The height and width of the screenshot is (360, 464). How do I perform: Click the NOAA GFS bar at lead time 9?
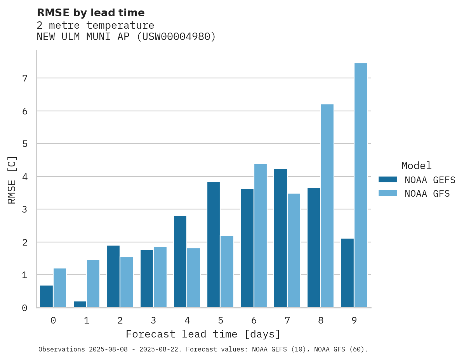361,185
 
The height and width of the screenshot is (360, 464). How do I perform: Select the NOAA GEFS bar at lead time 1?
80,304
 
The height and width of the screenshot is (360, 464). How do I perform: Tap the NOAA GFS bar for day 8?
327,206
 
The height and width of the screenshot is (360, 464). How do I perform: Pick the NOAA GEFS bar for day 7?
280,238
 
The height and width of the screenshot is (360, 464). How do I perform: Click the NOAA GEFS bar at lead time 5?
214,245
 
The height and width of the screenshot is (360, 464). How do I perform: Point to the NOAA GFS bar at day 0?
60,288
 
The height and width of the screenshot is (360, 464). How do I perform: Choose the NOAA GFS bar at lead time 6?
261,236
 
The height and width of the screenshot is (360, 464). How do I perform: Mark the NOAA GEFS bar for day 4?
180,261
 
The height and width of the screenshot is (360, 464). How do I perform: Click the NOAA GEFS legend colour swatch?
388,180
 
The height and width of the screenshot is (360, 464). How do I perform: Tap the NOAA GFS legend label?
427,194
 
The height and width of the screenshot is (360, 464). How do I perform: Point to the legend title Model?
416,166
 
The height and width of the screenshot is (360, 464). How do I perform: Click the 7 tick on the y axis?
24,78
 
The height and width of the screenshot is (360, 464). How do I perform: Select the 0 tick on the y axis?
24,308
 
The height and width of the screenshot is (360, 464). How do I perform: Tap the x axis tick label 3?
153,320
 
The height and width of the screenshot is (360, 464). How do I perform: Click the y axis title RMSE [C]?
12,180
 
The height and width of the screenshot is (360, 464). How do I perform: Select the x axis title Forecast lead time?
203,334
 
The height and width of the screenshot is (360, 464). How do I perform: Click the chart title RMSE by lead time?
91,13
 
